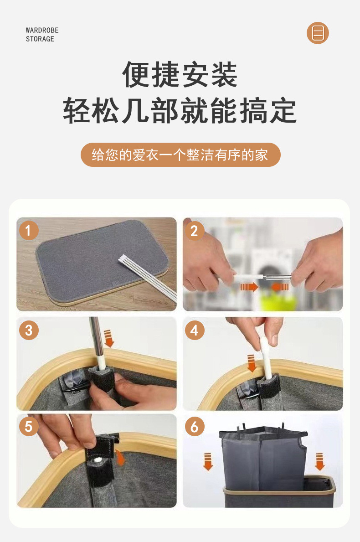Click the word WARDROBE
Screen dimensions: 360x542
click(x=42, y=31)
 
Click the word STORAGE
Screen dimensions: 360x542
click(x=40, y=39)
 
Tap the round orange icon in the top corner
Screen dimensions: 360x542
click(x=318, y=33)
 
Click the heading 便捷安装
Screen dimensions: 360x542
click(x=180, y=74)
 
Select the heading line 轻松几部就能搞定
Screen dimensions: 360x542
click(x=180, y=111)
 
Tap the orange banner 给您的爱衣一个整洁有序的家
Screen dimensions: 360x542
click(x=180, y=155)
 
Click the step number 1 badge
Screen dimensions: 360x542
click(x=29, y=231)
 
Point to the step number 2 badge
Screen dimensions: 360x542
click(x=195, y=231)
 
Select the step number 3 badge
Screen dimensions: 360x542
click(x=29, y=330)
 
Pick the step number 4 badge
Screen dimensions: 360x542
click(x=195, y=330)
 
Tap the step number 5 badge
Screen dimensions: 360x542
click(x=29, y=427)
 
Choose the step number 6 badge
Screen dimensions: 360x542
click(x=195, y=427)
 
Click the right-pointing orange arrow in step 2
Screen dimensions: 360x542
click(x=249, y=287)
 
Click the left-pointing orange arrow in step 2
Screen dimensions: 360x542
click(x=280, y=287)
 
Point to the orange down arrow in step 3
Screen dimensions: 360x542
click(x=109, y=338)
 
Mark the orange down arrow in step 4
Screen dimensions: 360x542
click(x=251, y=363)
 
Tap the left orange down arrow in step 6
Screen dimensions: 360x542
click(x=208, y=462)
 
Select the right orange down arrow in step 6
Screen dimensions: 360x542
click(x=319, y=462)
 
